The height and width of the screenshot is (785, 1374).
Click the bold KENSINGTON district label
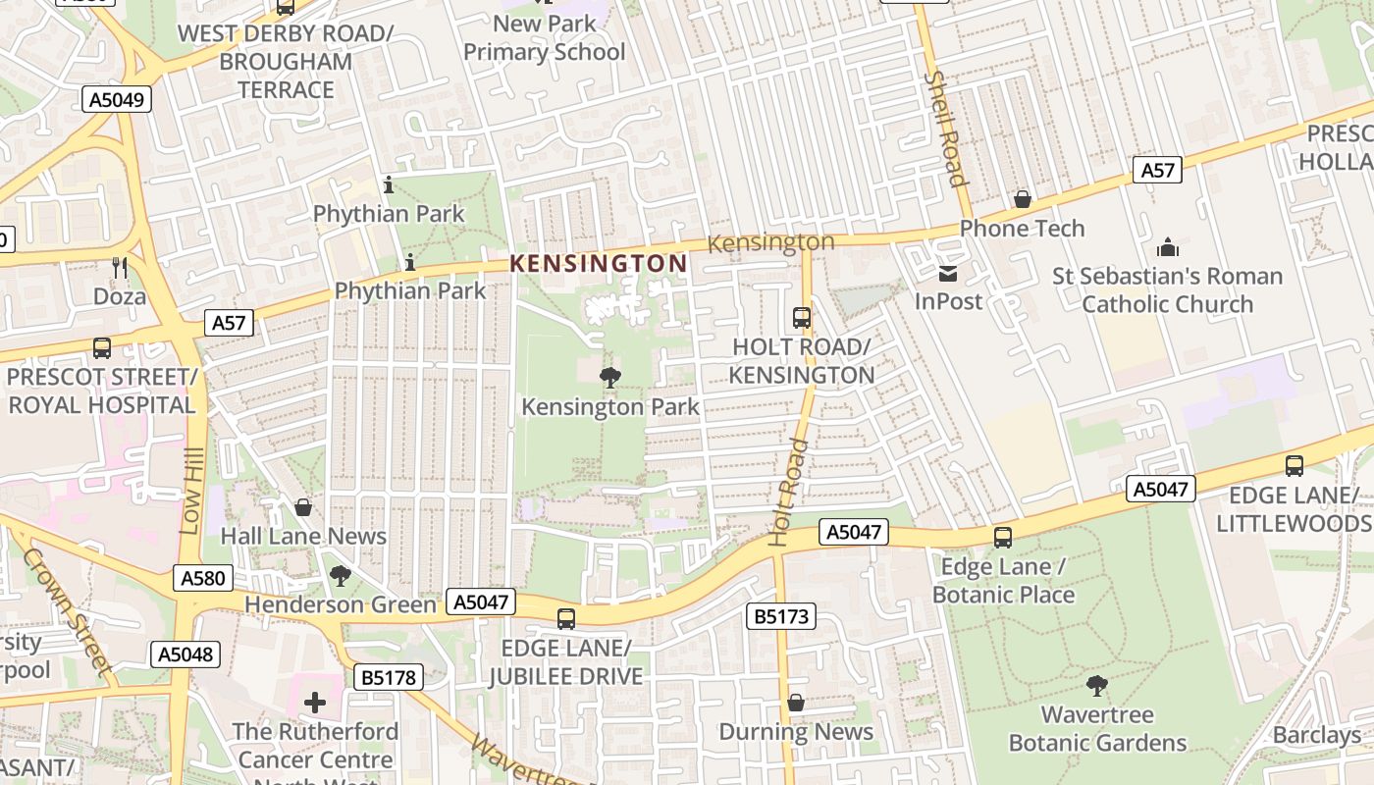[x=599, y=263]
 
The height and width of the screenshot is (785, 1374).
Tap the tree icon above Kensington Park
[x=609, y=377]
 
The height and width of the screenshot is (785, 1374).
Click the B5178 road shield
[x=390, y=677]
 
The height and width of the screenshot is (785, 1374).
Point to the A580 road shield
[x=203, y=578]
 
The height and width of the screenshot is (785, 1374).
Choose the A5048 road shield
[x=185, y=654]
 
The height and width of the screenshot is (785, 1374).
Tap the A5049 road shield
[x=117, y=99]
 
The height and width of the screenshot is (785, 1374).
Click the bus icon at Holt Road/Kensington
[x=802, y=317]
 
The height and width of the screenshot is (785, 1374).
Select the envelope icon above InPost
[x=948, y=273]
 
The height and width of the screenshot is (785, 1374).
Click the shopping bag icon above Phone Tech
[x=1023, y=199]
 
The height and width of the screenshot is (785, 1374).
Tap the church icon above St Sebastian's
[x=1167, y=247]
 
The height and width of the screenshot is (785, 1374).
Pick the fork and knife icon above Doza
[x=120, y=267]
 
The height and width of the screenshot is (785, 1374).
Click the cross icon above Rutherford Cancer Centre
[x=315, y=703]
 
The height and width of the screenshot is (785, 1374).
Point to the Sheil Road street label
[x=946, y=128]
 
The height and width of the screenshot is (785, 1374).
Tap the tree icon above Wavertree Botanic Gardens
[x=1097, y=685]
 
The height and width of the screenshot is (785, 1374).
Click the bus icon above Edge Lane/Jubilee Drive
[x=565, y=618]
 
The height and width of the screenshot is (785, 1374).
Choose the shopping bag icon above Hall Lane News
[x=303, y=507]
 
